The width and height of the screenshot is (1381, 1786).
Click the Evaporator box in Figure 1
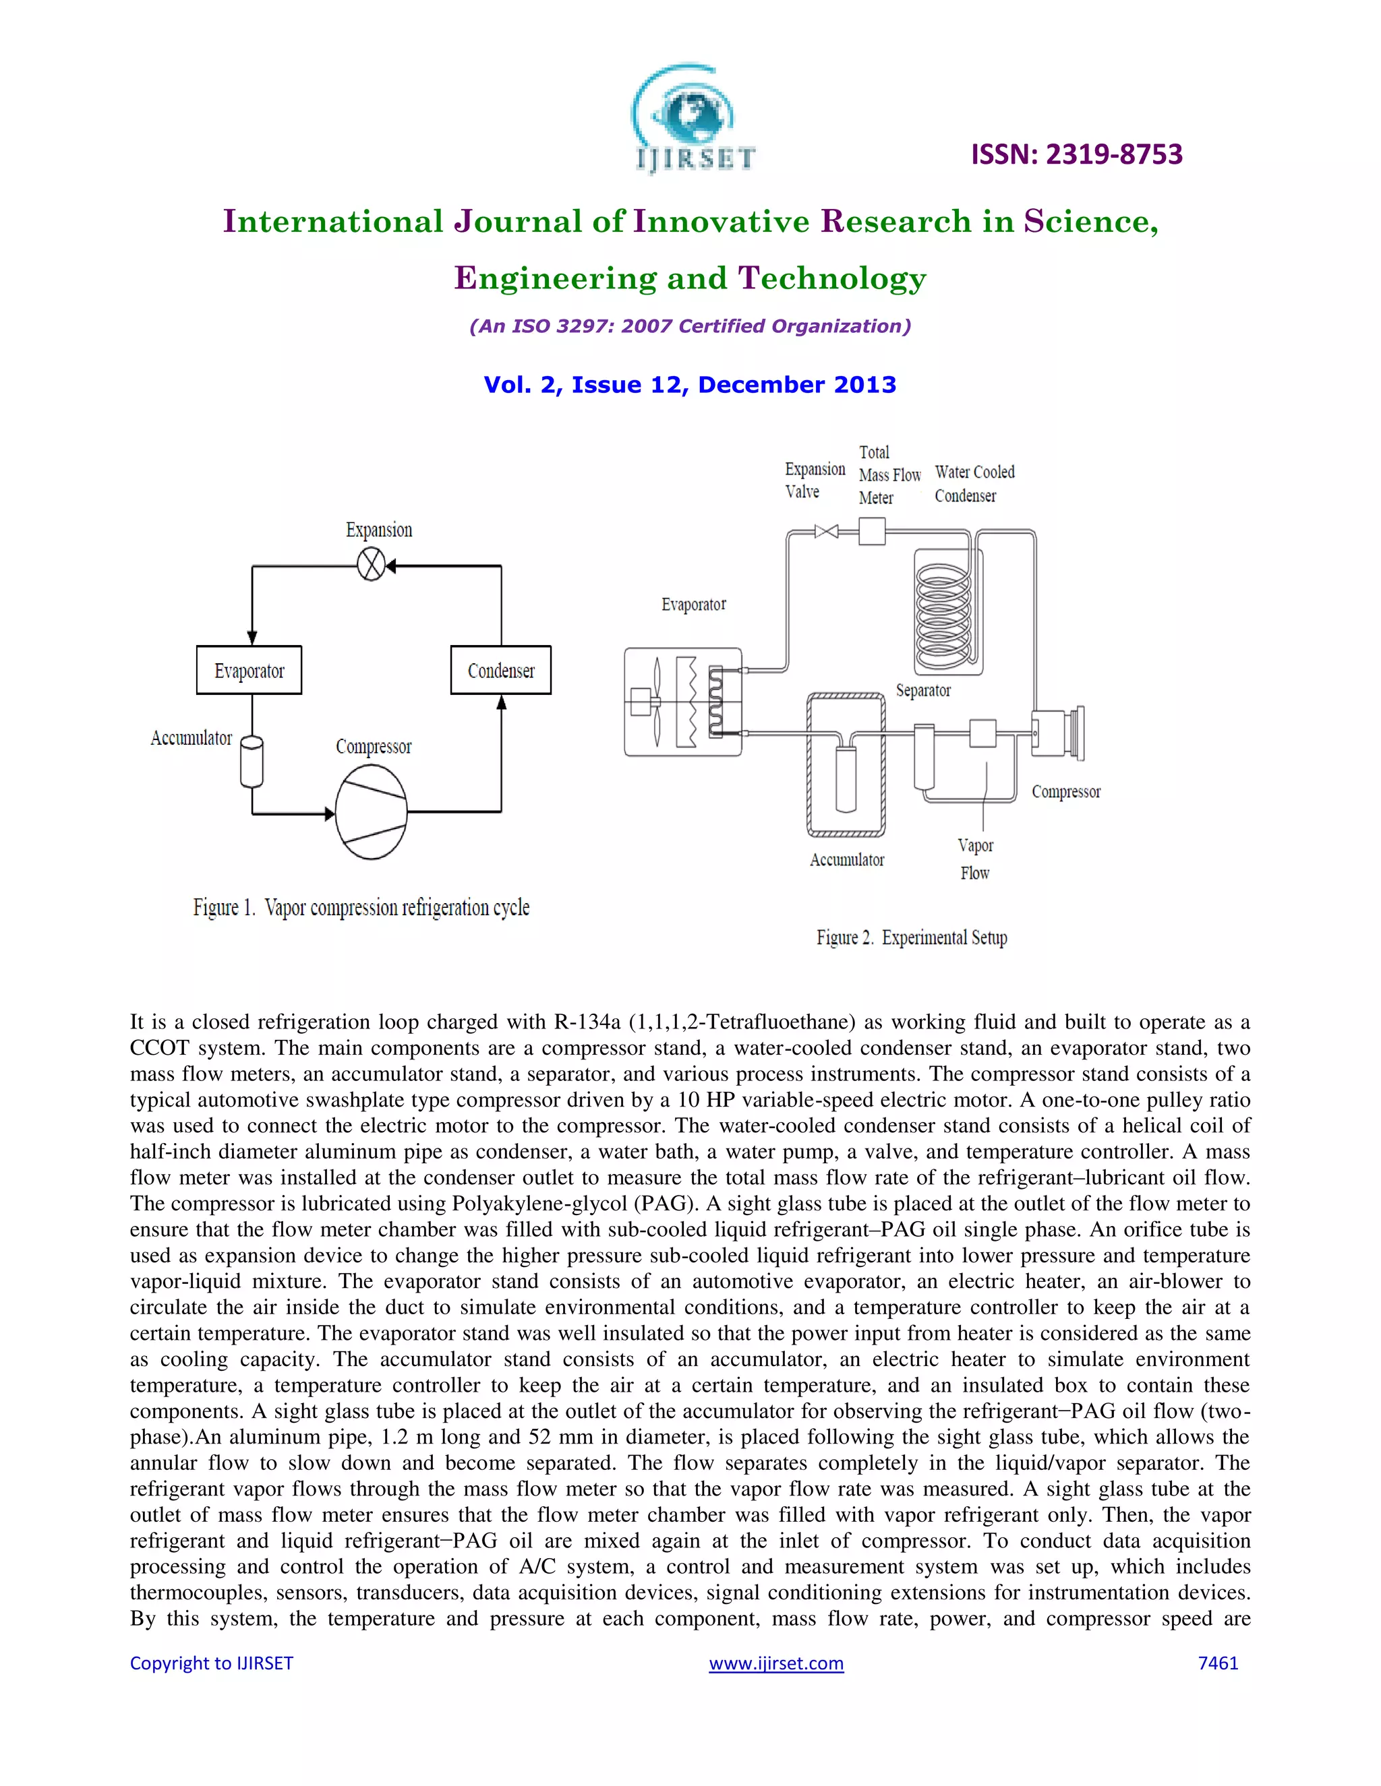point(249,671)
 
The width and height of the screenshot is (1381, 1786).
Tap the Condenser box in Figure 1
point(501,671)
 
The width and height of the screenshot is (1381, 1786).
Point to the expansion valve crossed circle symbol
point(372,565)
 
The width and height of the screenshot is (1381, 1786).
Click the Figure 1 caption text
point(361,908)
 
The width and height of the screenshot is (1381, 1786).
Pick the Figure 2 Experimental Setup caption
point(912,937)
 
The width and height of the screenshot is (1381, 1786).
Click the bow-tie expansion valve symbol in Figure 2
point(826,532)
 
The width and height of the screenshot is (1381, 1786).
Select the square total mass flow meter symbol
point(872,532)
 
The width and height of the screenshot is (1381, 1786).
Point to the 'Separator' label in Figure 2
point(923,690)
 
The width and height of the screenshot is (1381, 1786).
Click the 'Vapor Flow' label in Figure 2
point(975,859)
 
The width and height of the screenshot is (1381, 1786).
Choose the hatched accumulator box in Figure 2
point(846,765)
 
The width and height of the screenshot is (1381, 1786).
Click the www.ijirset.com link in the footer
point(775,1663)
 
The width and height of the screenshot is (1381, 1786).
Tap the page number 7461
point(1217,1663)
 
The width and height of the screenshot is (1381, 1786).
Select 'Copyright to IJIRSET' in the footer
point(211,1663)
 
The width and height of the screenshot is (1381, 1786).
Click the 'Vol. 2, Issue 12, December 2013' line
point(690,384)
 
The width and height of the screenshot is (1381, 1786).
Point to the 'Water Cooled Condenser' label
point(974,483)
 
